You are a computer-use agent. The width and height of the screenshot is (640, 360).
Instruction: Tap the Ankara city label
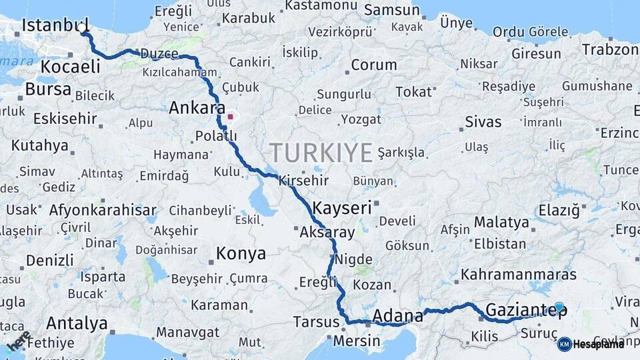[197, 108]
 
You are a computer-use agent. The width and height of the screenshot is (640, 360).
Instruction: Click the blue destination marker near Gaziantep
[559, 307]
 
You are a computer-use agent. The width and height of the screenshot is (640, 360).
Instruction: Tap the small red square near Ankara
[231, 116]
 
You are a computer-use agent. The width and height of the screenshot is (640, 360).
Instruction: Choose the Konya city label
[241, 254]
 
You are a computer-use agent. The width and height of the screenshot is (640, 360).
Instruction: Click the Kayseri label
[341, 208]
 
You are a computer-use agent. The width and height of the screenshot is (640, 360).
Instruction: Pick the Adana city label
[398, 315]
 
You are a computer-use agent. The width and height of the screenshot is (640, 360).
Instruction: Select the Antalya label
[77, 324]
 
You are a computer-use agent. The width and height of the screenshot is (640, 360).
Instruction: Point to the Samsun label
[393, 11]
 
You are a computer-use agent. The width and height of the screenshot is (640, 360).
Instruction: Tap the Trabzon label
[609, 49]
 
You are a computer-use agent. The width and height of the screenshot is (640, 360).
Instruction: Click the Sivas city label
[483, 122]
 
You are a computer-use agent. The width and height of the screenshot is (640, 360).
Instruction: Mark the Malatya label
[501, 222]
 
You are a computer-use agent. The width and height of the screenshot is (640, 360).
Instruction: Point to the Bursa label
[48, 89]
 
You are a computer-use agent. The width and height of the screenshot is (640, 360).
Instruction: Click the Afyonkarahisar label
[103, 211]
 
